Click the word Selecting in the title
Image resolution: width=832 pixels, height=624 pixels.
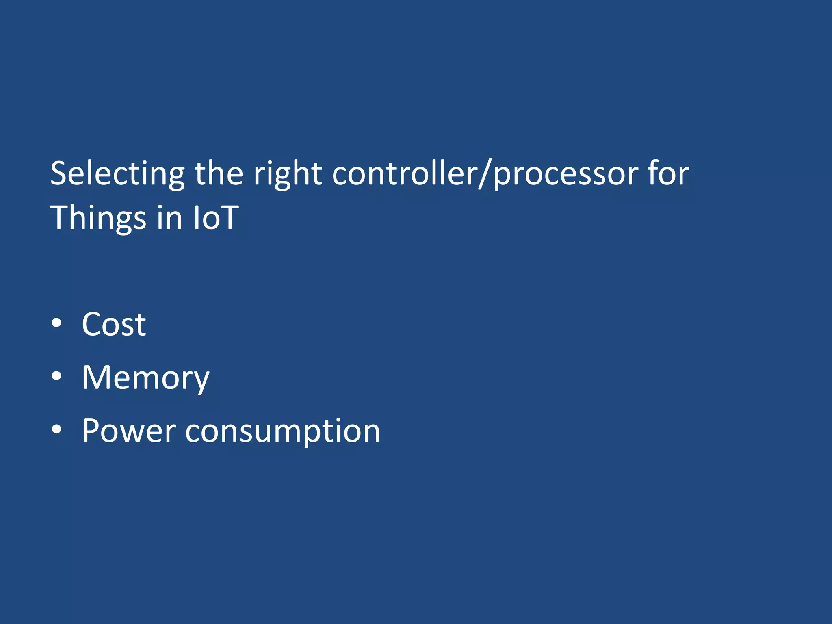[x=117, y=174]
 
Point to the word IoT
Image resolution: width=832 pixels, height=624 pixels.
[x=216, y=217]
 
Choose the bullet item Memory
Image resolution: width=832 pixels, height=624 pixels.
[x=145, y=378]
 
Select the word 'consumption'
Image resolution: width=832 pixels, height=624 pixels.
[x=283, y=431]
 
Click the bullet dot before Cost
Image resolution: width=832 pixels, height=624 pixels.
[x=57, y=323]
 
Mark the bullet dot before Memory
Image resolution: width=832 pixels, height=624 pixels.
[x=57, y=377]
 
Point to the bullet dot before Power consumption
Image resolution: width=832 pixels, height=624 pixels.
[x=57, y=429]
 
